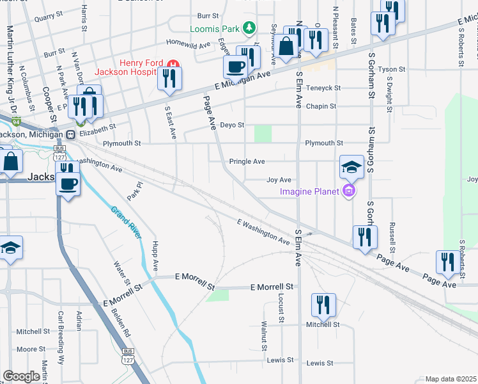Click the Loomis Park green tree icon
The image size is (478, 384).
(251, 28)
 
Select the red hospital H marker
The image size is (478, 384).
(172, 64)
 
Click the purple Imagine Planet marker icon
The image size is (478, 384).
(348, 191)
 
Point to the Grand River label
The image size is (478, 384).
(125, 223)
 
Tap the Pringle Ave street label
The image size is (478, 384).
(247, 162)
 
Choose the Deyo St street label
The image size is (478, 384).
(233, 125)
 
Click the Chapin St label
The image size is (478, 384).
(321, 106)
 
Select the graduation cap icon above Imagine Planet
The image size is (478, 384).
(351, 166)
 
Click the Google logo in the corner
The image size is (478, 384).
(21, 376)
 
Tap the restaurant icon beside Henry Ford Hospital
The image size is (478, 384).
(170, 77)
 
